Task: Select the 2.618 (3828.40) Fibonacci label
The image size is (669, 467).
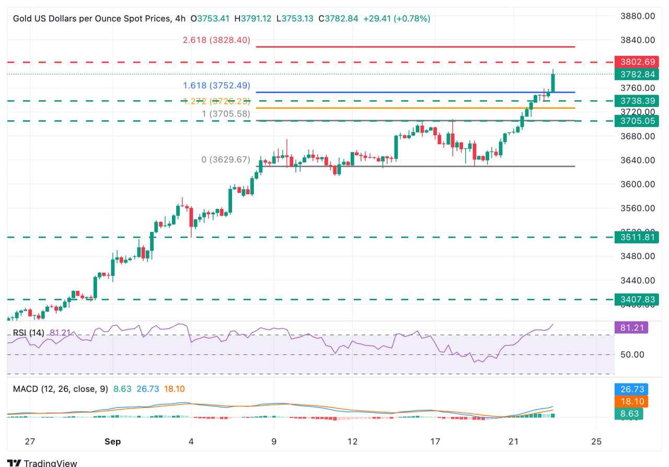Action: (216, 40)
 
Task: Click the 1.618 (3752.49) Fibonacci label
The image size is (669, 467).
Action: (216, 86)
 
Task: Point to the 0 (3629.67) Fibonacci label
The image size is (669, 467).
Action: (226, 160)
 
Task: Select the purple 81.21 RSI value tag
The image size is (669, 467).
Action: (631, 328)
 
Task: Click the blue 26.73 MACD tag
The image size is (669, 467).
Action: (631, 389)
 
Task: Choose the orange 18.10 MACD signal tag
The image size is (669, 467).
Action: (631, 402)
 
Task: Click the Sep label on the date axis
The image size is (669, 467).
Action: (112, 441)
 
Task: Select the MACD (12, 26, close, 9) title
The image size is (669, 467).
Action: (57, 389)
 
